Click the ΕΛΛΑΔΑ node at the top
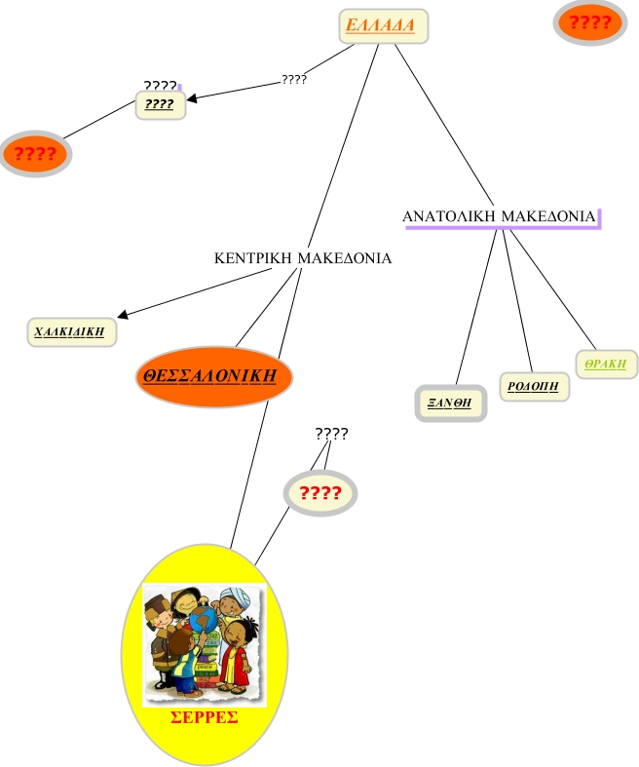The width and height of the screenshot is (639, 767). (384, 25)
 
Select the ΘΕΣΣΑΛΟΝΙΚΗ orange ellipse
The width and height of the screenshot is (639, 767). (214, 376)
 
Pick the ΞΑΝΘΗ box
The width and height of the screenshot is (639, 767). (450, 403)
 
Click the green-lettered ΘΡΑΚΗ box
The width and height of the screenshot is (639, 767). (606, 364)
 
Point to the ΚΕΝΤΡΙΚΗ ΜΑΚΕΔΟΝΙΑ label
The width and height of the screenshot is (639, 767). (303, 259)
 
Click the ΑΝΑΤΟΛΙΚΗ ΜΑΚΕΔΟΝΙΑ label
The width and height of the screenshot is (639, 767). (499, 215)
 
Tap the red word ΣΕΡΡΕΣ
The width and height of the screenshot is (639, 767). (204, 718)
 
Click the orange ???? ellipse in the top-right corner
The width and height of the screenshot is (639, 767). (589, 23)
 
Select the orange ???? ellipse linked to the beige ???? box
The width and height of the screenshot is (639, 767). (35, 154)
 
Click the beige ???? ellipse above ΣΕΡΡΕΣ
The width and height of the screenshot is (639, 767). (319, 494)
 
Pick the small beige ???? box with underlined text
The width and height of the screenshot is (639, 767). (160, 104)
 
